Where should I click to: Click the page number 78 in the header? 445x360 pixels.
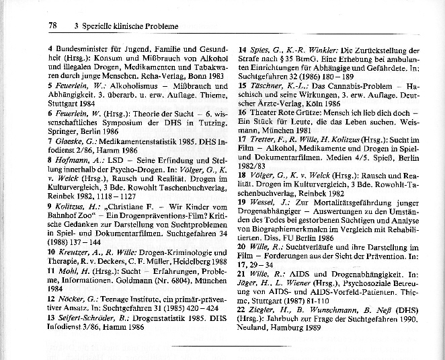(52, 26)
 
